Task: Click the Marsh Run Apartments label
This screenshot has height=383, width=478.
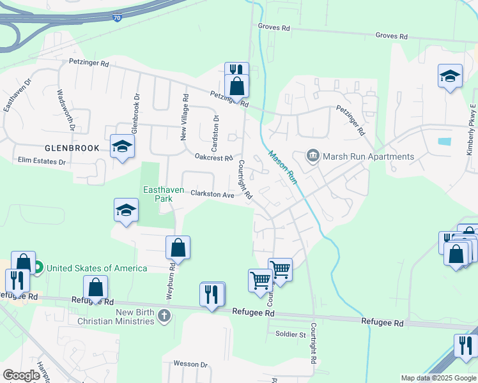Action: [x=369, y=156]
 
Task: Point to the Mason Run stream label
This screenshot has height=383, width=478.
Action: [x=282, y=168]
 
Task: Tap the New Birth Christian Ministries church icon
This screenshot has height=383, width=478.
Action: [x=164, y=315]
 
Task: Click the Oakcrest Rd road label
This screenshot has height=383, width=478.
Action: [x=213, y=156]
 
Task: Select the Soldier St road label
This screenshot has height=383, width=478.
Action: [x=290, y=334]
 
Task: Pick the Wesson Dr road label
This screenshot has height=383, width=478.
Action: [x=190, y=364]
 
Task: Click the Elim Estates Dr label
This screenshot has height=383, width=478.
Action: [x=42, y=161]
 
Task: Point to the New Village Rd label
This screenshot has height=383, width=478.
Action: [x=185, y=117]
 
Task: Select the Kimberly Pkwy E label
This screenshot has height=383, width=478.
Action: [x=471, y=130]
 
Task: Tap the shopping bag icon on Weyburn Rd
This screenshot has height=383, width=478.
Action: [x=178, y=248]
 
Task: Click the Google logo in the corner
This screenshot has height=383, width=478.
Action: [x=22, y=375]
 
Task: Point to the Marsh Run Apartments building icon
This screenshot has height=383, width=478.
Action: [x=313, y=155]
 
